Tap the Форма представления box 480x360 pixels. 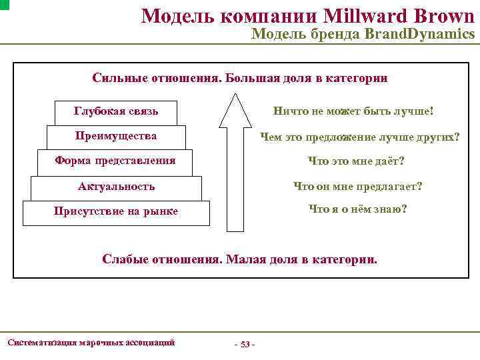pyautogui.click(x=115, y=161)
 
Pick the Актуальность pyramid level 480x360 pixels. pyautogui.click(x=116, y=187)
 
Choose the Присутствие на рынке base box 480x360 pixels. pyautogui.click(x=116, y=212)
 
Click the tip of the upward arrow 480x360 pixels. pyautogui.click(x=235, y=94)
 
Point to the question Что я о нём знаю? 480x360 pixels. pyautogui.click(x=357, y=209)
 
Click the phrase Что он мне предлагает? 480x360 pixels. pyautogui.click(x=358, y=187)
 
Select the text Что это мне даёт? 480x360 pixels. pyautogui.click(x=356, y=161)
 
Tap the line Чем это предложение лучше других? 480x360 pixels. pyautogui.click(x=359, y=137)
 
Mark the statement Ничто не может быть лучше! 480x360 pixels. pyautogui.click(x=354, y=111)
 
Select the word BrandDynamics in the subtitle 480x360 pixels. pyautogui.click(x=419, y=34)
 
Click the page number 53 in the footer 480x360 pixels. pyautogui.click(x=245, y=344)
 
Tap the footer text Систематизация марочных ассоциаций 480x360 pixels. pyautogui.click(x=91, y=343)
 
